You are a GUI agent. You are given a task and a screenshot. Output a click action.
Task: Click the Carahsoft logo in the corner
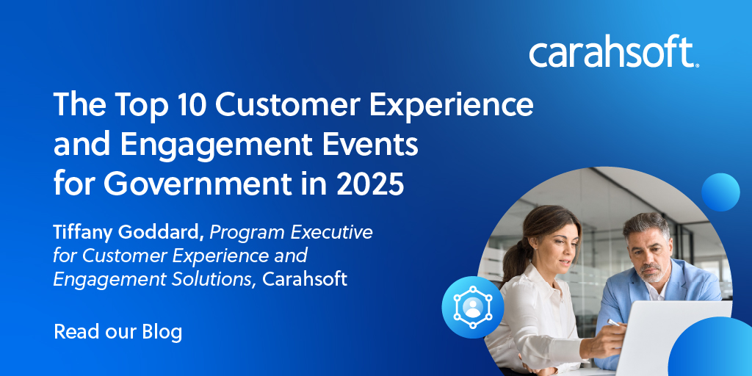click(x=615, y=54)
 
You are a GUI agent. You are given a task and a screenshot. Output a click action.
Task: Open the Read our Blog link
click(x=118, y=332)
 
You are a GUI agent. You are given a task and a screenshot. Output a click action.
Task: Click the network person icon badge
click(x=472, y=307)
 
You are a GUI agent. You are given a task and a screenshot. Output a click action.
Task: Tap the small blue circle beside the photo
click(x=720, y=192)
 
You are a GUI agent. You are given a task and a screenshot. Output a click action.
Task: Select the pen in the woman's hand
click(x=615, y=323)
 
